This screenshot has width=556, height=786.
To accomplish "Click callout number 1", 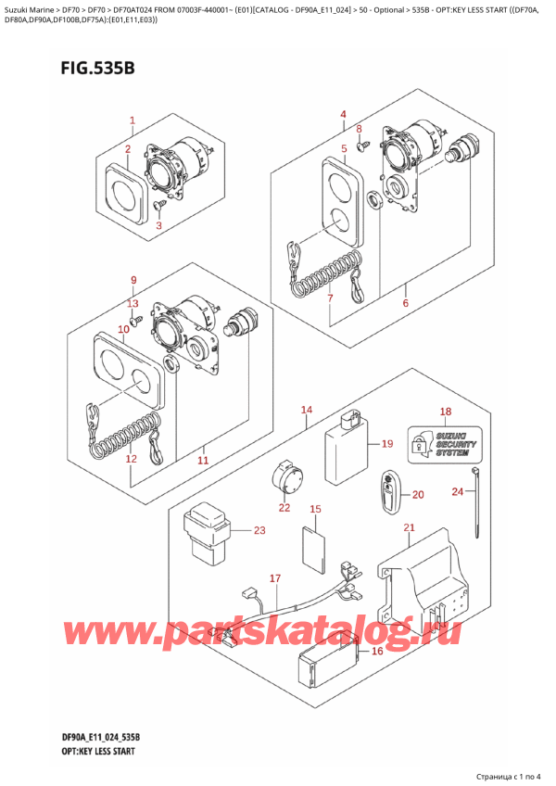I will click(x=133, y=120).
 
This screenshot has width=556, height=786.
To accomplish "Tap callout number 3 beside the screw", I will click(x=158, y=225).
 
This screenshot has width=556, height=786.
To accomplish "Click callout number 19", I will click(x=387, y=443).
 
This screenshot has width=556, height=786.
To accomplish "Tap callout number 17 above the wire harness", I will click(x=274, y=578).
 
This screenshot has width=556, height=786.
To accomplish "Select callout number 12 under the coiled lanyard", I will click(x=131, y=459).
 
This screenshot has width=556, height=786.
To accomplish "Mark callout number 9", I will click(x=133, y=280).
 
